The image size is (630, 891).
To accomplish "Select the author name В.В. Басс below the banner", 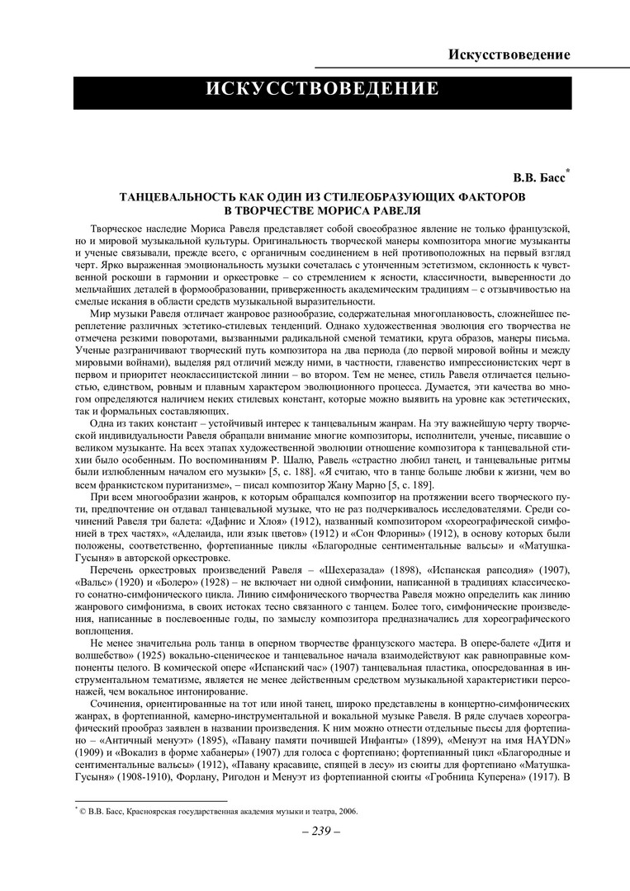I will tap(540, 177).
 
